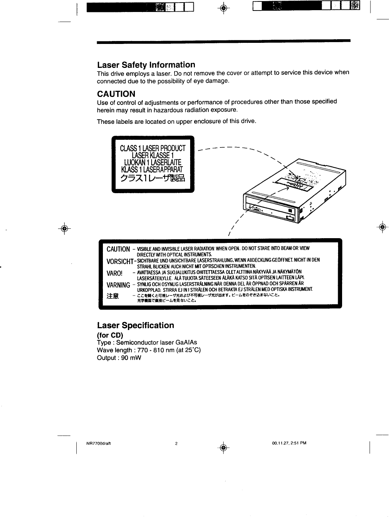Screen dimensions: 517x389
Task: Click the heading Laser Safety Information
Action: click(x=146, y=65)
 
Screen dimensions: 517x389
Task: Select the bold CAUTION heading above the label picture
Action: click(x=116, y=94)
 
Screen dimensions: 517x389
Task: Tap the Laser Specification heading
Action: click(x=136, y=325)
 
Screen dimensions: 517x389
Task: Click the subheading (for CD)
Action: click(x=110, y=335)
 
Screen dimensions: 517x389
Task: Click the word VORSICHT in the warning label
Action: click(x=119, y=262)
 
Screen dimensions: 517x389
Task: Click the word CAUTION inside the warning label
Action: click(x=118, y=249)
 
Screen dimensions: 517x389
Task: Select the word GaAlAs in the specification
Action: click(x=186, y=342)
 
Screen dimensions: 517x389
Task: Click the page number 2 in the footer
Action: click(x=176, y=443)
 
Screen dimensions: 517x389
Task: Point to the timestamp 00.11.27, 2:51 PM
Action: click(x=289, y=443)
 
